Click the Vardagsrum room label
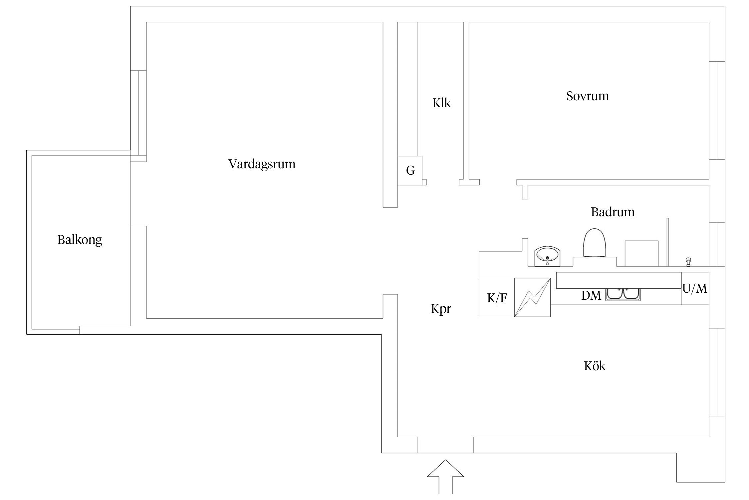pyautogui.click(x=262, y=164)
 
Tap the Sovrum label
pyautogui.click(x=588, y=96)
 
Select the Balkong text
pyautogui.click(x=80, y=240)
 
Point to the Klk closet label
pyautogui.click(x=441, y=103)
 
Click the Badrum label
pyautogui.click(x=613, y=212)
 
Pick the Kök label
pyautogui.click(x=595, y=366)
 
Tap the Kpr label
pyautogui.click(x=441, y=309)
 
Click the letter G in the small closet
pyautogui.click(x=410, y=171)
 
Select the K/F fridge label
pyautogui.click(x=497, y=298)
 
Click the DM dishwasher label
pyautogui.click(x=591, y=295)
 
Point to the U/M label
pyautogui.click(x=695, y=288)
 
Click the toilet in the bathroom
pyautogui.click(x=594, y=243)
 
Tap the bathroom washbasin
pyautogui.click(x=547, y=257)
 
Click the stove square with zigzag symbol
pyautogui.click(x=532, y=297)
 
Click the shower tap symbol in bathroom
pyautogui.click(x=688, y=262)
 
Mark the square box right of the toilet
pyautogui.click(x=641, y=253)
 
